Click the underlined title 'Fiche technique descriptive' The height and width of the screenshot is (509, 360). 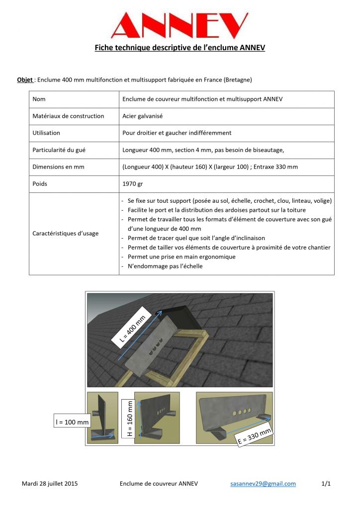click(180, 48)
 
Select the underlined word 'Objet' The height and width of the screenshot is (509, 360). click(25, 80)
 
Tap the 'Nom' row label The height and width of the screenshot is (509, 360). click(39, 99)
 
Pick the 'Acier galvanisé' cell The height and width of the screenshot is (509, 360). click(142, 116)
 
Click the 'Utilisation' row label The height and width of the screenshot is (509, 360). click(46, 133)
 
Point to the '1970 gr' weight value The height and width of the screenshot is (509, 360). click(133, 183)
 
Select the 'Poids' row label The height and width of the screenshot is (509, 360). click(41, 183)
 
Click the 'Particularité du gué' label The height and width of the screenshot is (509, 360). click(59, 150)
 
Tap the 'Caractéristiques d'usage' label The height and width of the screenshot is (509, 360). click(65, 233)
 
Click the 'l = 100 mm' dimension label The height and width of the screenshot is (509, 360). click(72, 422)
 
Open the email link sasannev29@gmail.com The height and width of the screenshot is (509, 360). click(263, 483)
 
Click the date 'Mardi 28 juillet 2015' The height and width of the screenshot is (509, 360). click(50, 483)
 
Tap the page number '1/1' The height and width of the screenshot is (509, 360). click(326, 483)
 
